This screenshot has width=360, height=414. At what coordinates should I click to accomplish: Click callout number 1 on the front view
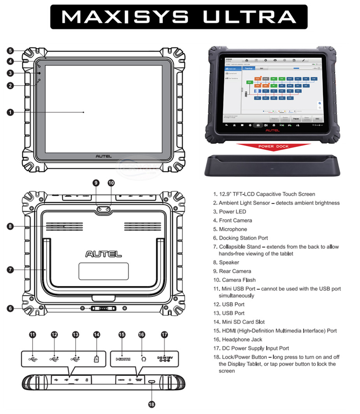pos(10,112)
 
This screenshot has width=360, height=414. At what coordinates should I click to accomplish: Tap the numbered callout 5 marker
pos(10,51)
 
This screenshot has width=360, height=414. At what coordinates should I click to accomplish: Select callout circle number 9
pos(97,183)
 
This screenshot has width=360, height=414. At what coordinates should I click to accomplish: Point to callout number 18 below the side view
pos(151,404)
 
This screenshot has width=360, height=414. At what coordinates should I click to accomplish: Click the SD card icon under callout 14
pos(97,359)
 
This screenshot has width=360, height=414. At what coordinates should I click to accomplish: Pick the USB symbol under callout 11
pos(33,359)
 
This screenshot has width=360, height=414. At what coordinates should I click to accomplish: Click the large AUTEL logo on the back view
pos(104,254)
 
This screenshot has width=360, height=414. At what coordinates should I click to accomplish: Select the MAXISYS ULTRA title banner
pos(179,16)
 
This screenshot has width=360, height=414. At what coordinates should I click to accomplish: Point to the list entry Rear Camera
pos(235,271)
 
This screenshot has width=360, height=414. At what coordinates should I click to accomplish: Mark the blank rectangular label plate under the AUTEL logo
pos(104,271)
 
